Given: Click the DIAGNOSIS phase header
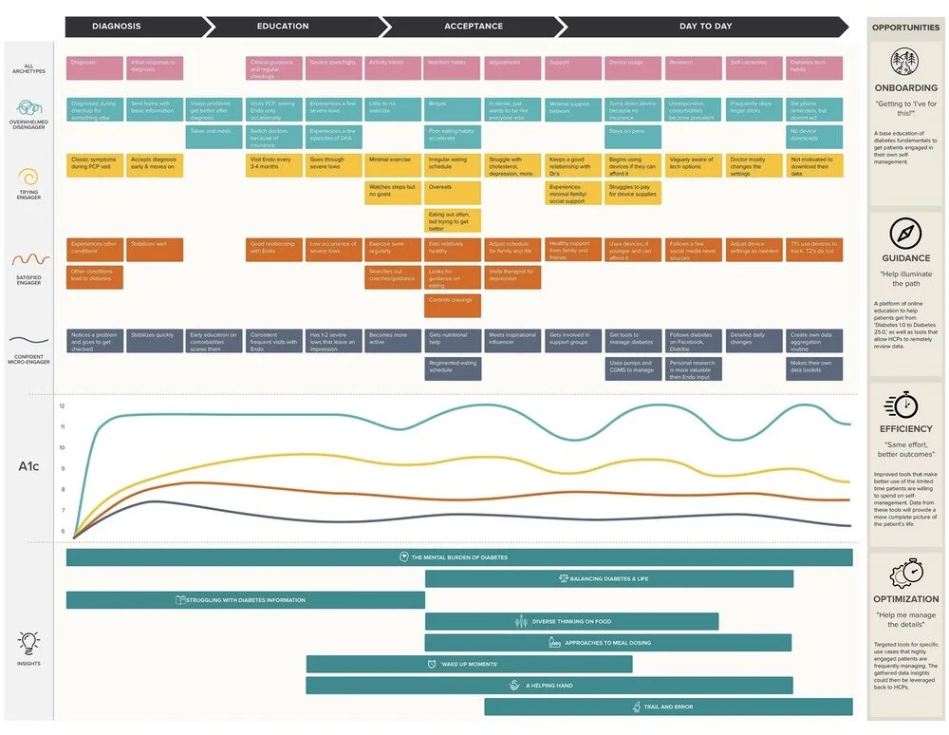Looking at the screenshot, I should (117, 26).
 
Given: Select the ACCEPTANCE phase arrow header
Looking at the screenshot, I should (473, 26).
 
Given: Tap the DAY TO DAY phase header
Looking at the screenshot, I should (705, 26).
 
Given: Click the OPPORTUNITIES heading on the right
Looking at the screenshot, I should (905, 28).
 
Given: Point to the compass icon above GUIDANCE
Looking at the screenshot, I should (905, 234).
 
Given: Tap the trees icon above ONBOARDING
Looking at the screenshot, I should (905, 64).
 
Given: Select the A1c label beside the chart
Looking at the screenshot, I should (28, 465).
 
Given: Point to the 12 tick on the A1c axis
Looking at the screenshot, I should (62, 406).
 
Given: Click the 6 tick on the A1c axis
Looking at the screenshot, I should (62, 532).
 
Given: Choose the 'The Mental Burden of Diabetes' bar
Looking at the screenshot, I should (459, 557).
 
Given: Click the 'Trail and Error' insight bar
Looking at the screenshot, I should (668, 707).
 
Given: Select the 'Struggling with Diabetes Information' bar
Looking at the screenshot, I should (245, 599).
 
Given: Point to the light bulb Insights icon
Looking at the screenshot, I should (28, 643).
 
